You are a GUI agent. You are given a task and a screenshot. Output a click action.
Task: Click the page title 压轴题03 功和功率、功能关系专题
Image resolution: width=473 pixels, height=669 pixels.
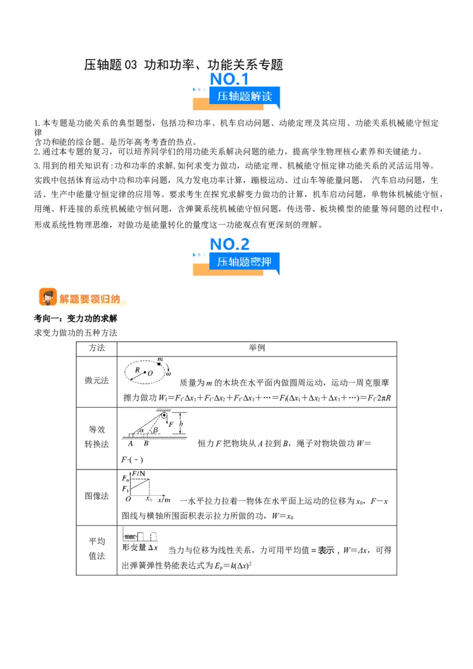(x=183, y=64)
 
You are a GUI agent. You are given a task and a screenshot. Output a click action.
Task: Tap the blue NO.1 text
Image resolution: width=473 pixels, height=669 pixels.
(x=229, y=79)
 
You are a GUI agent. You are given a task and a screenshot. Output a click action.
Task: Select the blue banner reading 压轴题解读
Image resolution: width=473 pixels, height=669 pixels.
(x=244, y=96)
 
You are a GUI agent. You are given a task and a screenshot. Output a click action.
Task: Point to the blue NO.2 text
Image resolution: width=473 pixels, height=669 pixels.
(x=229, y=244)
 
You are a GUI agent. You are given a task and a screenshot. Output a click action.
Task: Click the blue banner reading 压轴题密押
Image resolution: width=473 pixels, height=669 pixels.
(x=244, y=261)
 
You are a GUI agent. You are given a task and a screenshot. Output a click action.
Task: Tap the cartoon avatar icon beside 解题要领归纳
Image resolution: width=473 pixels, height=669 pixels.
(x=48, y=297)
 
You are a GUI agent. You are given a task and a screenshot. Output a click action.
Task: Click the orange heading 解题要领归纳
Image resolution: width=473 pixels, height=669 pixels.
(x=90, y=298)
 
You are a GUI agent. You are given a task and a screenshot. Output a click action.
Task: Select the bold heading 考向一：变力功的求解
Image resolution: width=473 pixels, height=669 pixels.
(x=76, y=319)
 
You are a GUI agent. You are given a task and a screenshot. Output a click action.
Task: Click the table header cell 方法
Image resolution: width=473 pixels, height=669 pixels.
(x=96, y=348)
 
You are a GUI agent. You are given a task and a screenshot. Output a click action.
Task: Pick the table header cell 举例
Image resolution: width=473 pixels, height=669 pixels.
(x=257, y=348)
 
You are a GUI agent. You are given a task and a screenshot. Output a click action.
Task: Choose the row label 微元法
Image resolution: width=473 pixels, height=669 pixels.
(x=96, y=380)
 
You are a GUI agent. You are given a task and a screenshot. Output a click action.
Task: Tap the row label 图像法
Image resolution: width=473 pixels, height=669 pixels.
(x=96, y=496)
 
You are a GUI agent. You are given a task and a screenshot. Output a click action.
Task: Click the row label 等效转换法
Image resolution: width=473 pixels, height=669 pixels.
(x=96, y=437)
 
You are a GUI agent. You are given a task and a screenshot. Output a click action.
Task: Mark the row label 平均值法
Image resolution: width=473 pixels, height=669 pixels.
(x=96, y=548)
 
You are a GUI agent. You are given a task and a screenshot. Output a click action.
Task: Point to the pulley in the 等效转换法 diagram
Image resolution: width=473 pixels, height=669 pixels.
(x=164, y=415)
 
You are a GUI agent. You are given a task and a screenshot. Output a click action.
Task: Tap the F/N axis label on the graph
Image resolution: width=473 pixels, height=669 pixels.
(x=138, y=473)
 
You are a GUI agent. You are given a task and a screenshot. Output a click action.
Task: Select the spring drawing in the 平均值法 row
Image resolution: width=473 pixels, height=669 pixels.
(x=130, y=537)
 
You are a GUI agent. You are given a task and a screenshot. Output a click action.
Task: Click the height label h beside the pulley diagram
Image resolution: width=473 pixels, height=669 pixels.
(x=181, y=424)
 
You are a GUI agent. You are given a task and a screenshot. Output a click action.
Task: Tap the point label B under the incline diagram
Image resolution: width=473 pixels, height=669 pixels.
(x=146, y=443)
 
